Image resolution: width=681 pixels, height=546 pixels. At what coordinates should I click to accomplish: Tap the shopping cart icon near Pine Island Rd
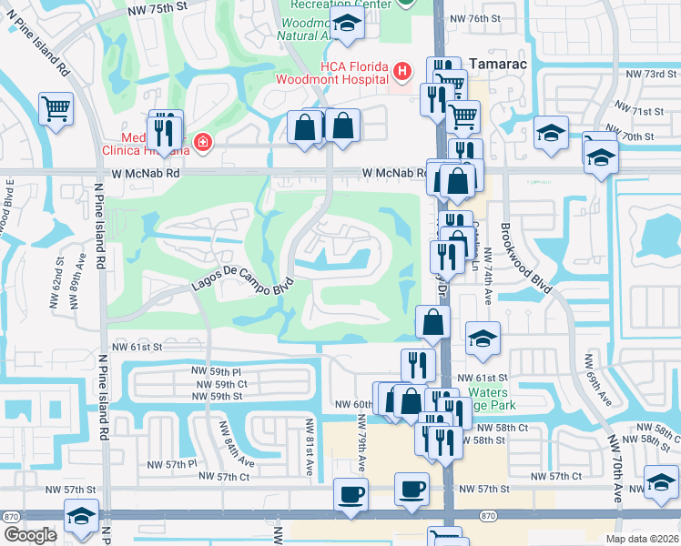click(56, 110)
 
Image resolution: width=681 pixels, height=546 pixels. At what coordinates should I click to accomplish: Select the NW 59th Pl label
click(216, 371)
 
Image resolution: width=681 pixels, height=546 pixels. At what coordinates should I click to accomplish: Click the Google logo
click(30, 535)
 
